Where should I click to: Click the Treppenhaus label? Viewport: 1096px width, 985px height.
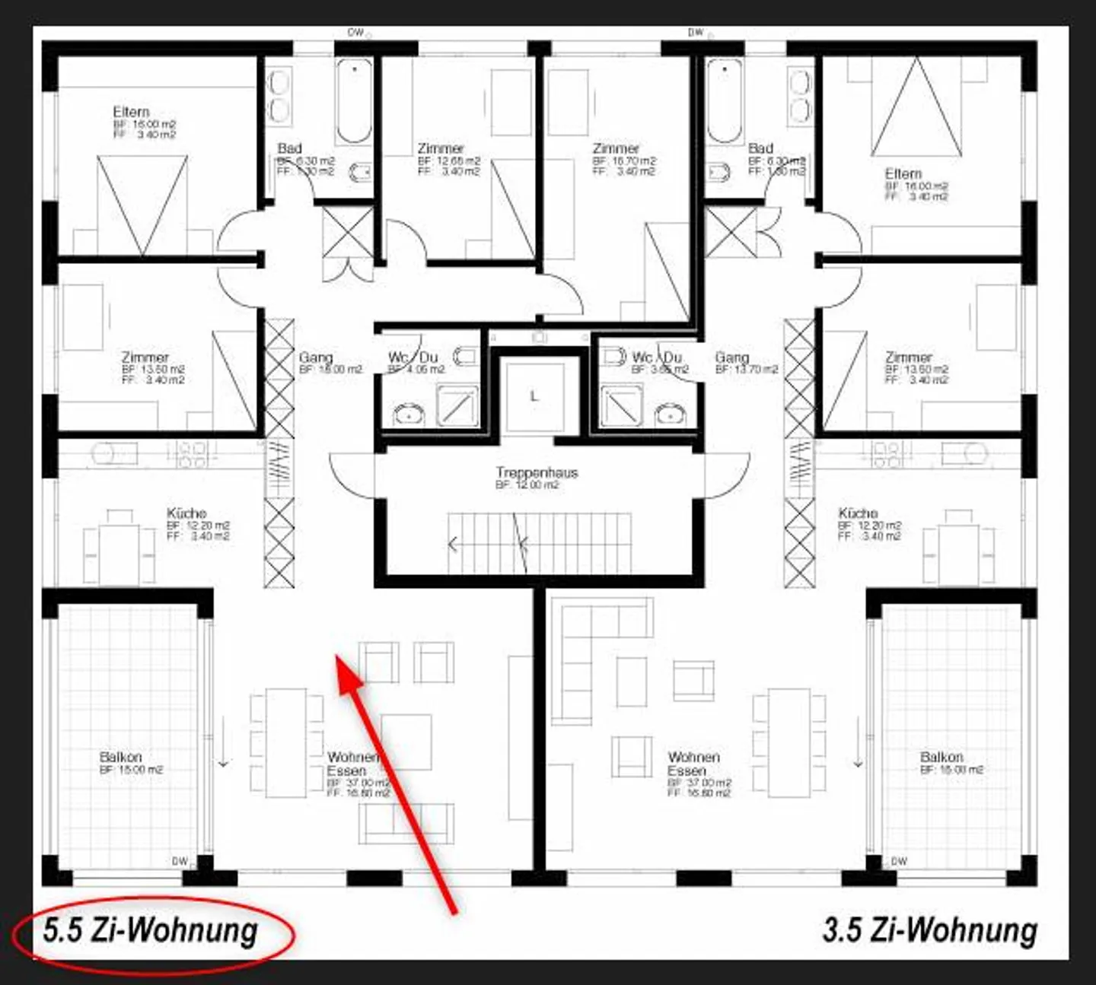[x=537, y=472]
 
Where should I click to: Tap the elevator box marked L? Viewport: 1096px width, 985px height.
[x=534, y=396]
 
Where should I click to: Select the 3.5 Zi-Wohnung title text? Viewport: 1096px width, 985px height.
[x=929, y=930]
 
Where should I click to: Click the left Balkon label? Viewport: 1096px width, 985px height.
[x=121, y=758]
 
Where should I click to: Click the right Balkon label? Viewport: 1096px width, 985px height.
[x=941, y=758]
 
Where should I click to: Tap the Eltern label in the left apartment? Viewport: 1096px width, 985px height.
[x=131, y=112]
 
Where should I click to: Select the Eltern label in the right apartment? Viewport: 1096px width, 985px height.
[x=903, y=174]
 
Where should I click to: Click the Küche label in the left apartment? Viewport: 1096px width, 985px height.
[x=187, y=513]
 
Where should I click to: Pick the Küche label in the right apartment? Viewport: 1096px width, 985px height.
[x=859, y=513]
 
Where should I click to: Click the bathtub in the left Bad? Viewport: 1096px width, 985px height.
[x=354, y=101]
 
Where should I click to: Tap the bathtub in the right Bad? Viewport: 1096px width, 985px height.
[x=725, y=101]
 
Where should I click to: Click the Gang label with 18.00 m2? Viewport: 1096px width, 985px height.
[x=316, y=357]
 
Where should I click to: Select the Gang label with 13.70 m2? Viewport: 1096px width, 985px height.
[x=732, y=357]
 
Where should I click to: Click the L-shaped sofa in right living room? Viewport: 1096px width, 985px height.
[x=578, y=654]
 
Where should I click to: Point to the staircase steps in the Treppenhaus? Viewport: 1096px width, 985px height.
[x=540, y=543]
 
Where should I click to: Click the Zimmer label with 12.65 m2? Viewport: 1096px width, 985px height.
[x=441, y=149]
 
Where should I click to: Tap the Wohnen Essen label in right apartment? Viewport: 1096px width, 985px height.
[x=693, y=764]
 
